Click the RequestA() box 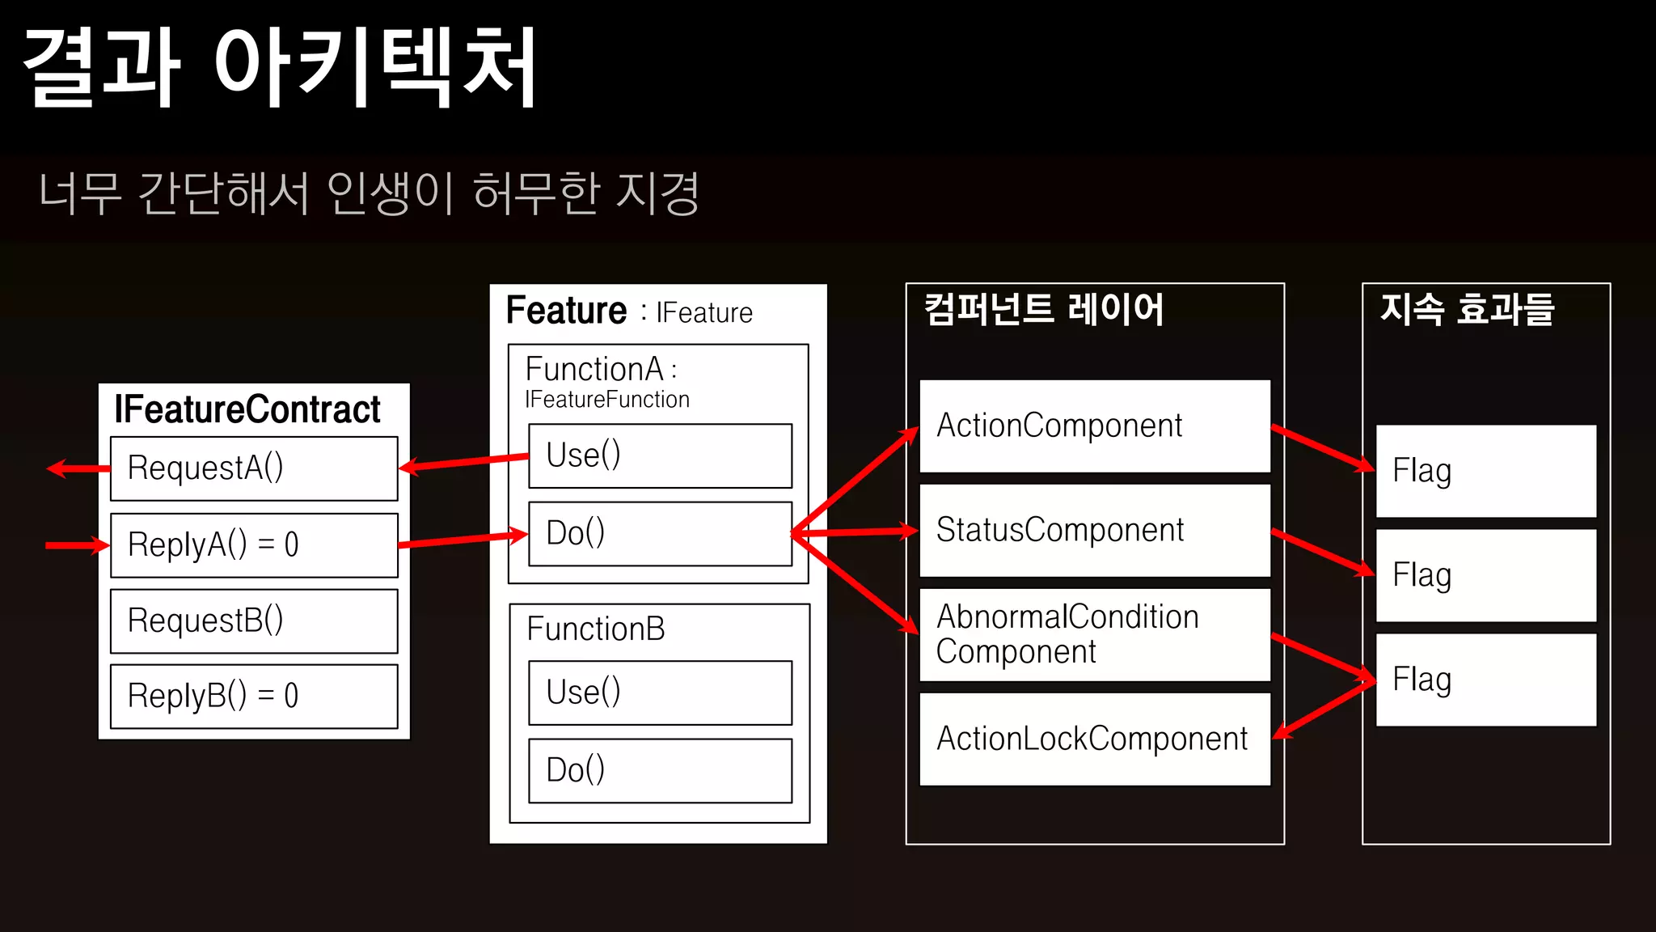(x=254, y=468)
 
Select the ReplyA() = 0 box (x=254, y=545)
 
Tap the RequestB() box (x=254, y=621)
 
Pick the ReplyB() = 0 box (x=254, y=696)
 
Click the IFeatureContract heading (x=247, y=409)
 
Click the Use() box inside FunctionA (x=660, y=455)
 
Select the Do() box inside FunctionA (x=660, y=533)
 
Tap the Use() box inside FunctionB (x=660, y=693)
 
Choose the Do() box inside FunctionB (x=660, y=770)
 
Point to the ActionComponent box (x=1095, y=426)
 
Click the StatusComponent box (x=1095, y=531)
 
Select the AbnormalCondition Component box (x=1095, y=635)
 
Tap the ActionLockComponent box (x=1095, y=739)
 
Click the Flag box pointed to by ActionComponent (x=1486, y=471)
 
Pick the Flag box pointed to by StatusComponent (x=1486, y=575)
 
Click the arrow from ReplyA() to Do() (x=463, y=540)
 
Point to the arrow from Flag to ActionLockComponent (x=1326, y=710)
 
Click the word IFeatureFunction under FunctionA (x=606, y=400)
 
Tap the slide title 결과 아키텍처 (x=280, y=68)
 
